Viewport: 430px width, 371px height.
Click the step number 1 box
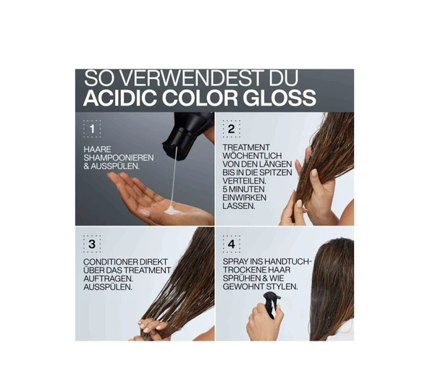pos(92,129)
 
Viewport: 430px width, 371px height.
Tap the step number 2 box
pos(232,129)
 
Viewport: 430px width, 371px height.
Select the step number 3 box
pos(92,244)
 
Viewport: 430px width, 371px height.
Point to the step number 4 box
pos(232,244)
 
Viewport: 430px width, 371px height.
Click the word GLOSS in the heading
pos(279,98)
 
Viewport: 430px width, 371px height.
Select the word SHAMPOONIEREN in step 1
pos(119,158)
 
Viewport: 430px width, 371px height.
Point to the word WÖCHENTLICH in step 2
pos(252,155)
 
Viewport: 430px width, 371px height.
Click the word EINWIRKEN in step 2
pos(245,197)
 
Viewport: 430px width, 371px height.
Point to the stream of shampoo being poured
pos(174,176)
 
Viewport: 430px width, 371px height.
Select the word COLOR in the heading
pos(200,98)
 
